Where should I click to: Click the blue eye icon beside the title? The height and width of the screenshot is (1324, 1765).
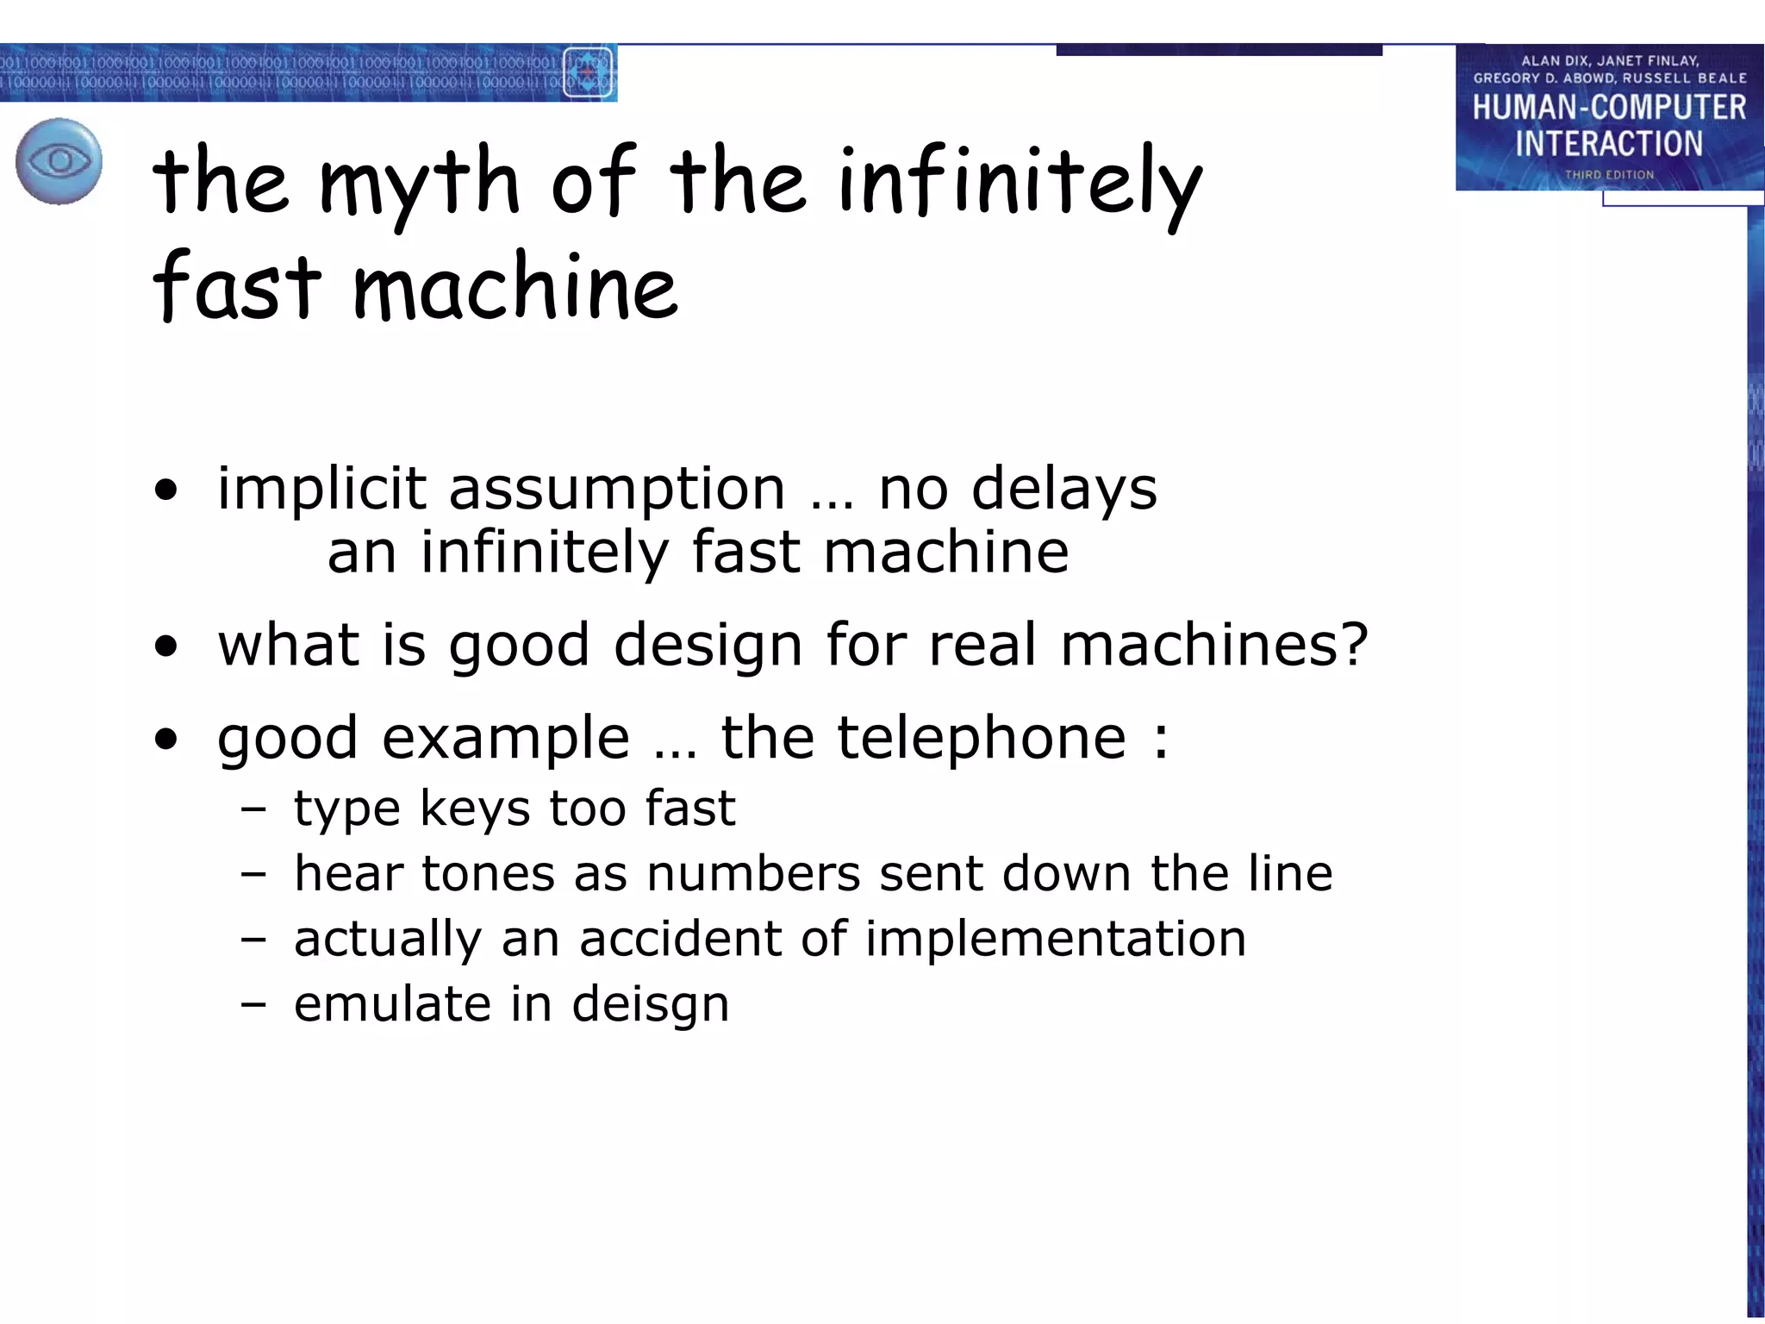coord(59,161)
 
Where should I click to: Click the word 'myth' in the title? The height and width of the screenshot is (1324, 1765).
coord(420,183)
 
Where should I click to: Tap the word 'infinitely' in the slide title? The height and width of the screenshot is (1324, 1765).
coord(1020,183)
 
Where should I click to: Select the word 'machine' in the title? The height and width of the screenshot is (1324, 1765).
coord(515,288)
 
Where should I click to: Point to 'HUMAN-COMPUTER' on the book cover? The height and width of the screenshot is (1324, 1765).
coord(1609,108)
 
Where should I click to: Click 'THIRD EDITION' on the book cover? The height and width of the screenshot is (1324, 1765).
coord(1609,175)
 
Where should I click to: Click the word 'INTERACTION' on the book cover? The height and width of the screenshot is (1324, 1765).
coord(1609,144)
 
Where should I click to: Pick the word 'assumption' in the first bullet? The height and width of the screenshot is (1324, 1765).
coord(617,490)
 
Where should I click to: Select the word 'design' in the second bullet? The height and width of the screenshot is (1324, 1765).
coord(708,646)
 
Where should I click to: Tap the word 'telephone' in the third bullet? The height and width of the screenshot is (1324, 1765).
coord(982,738)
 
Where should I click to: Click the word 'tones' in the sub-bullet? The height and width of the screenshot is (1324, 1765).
coord(488,873)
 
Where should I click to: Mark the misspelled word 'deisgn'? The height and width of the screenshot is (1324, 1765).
coord(650,1005)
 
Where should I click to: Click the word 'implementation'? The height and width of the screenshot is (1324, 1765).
coord(1056,939)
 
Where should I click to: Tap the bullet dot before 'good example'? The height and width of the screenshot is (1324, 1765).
coord(166,740)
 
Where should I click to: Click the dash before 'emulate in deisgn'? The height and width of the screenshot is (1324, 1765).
coord(253,1005)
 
